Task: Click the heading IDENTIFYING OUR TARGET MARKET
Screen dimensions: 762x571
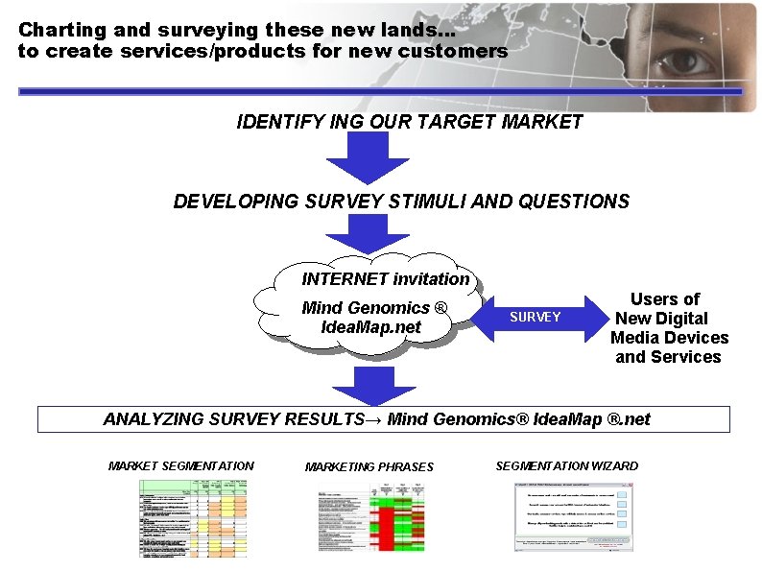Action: (x=410, y=122)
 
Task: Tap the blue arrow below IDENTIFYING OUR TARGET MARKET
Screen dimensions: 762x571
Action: (x=354, y=157)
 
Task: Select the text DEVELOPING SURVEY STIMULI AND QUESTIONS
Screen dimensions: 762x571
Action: (x=401, y=202)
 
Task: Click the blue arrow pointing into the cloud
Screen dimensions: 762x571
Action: (x=354, y=232)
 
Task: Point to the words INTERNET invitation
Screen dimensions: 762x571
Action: (x=386, y=279)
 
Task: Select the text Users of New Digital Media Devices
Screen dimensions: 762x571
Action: (x=669, y=327)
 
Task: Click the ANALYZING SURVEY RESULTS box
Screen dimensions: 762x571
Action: (x=383, y=419)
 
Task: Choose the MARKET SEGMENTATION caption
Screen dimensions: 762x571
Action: (x=181, y=466)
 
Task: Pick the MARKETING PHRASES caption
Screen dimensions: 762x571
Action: (x=369, y=467)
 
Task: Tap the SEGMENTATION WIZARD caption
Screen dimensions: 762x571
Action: (x=566, y=466)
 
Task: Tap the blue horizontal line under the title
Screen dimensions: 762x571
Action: (x=380, y=91)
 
